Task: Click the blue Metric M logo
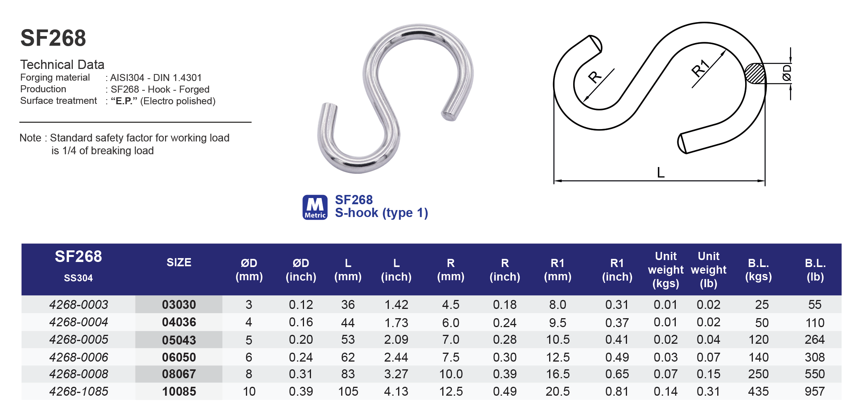pos(315,207)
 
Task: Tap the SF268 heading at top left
pos(53,38)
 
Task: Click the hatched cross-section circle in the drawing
pos(755,73)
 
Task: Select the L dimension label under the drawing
pos(661,172)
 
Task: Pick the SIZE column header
pos(179,262)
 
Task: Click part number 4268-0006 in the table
pos(79,357)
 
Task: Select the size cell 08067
pos(179,374)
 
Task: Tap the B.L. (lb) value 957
pos(814,391)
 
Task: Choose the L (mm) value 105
pos(348,391)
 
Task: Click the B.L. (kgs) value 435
pos(758,391)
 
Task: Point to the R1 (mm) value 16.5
pos(558,374)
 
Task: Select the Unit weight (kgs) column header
pos(665,270)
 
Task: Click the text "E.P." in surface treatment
pos(124,101)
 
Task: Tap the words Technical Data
pos(62,64)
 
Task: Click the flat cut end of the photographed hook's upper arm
pos(449,115)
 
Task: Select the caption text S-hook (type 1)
pos(381,213)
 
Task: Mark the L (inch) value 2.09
pos(396,339)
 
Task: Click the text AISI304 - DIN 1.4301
pos(156,78)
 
